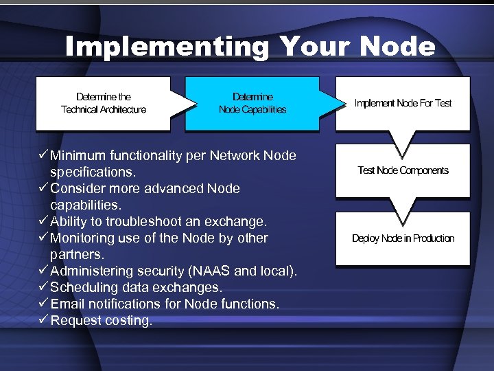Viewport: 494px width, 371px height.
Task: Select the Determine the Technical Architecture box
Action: [x=104, y=103]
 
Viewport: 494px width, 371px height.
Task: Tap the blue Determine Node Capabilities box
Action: [x=252, y=103]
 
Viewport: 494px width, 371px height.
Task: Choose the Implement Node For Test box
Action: [x=403, y=103]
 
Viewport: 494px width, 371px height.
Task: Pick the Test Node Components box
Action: [x=403, y=170]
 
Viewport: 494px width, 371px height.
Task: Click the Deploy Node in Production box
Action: [x=403, y=238]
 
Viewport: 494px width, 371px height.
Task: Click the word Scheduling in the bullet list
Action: [x=83, y=287]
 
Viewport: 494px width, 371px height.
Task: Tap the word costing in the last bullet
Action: [x=128, y=320]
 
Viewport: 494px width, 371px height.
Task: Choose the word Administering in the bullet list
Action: [x=90, y=271]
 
